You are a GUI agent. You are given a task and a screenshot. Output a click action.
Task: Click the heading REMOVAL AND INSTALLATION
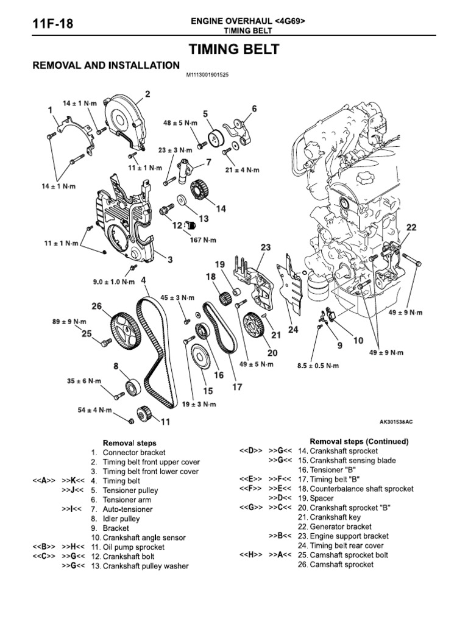click(x=105, y=65)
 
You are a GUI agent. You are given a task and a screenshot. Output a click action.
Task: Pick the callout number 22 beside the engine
click(x=411, y=227)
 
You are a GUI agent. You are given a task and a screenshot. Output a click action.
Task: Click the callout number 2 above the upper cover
click(x=147, y=93)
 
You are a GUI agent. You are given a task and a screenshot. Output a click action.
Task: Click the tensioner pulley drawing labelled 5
click(x=214, y=138)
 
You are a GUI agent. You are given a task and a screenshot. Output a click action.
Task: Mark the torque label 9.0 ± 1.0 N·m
click(x=113, y=282)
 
